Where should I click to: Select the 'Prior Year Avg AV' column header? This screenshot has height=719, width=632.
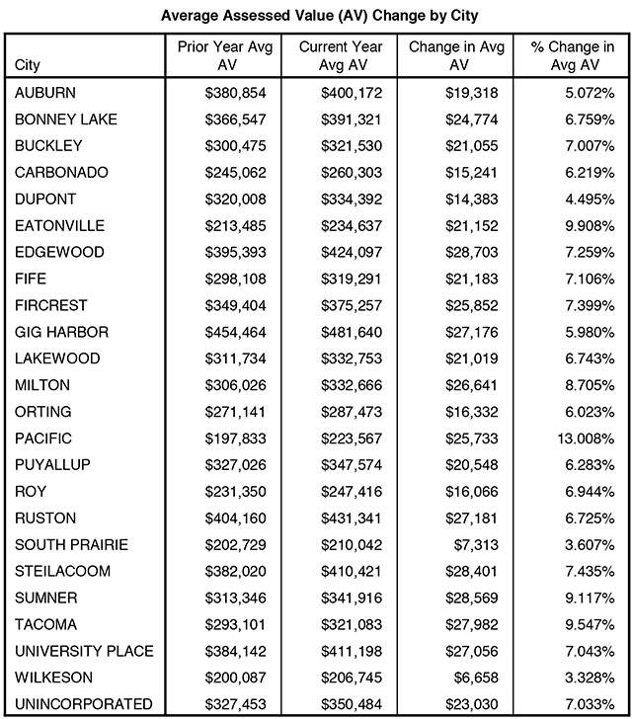(218, 56)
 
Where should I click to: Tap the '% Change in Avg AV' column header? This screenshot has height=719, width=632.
(568, 56)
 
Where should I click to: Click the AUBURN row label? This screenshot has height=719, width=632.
(46, 93)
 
